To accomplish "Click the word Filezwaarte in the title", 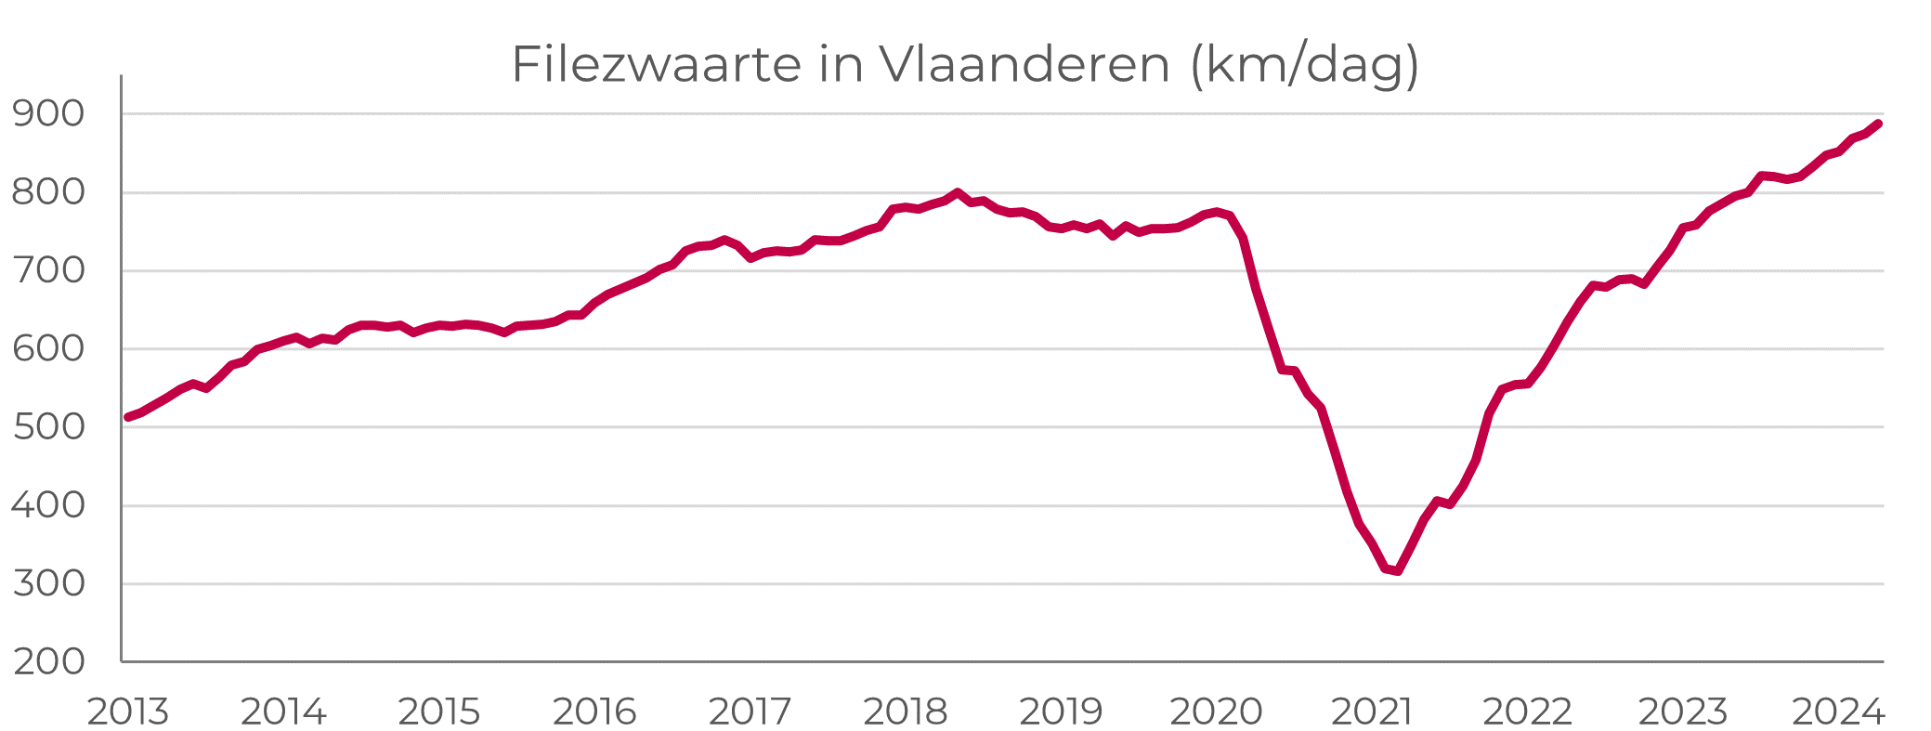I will [x=656, y=65].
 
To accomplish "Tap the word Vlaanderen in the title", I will [x=1024, y=65].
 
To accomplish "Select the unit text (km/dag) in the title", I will [x=1305, y=65].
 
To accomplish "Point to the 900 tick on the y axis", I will [x=48, y=114].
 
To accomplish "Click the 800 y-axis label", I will [x=48, y=192].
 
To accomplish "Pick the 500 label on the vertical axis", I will [x=48, y=427].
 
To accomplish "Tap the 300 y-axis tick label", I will [x=48, y=583].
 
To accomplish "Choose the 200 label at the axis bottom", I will [x=48, y=661].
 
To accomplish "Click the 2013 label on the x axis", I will [x=128, y=712].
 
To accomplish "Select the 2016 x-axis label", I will [x=594, y=712].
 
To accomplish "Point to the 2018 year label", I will [x=906, y=712].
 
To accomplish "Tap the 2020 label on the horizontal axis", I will [x=1216, y=712].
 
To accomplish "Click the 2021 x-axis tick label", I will [x=1372, y=712].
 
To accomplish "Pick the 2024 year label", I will [x=1838, y=712].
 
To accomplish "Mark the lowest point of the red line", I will [x=1397, y=570].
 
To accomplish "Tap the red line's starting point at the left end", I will [x=128, y=417].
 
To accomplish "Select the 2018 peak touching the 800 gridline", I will [x=957, y=193].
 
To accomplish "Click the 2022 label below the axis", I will [x=1527, y=712].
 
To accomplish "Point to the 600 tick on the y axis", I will [x=48, y=349].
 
